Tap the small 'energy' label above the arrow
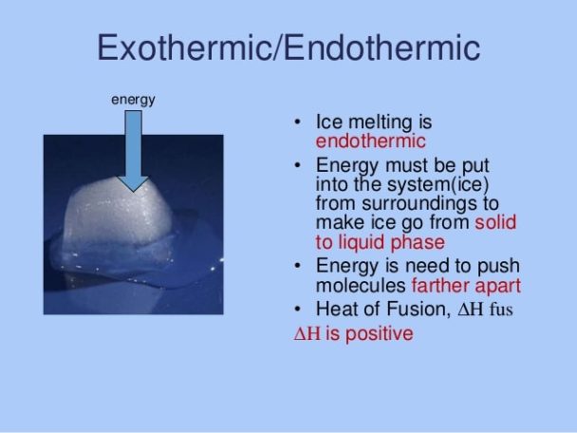coord(134,99)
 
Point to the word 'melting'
coord(376,123)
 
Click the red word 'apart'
coord(500,285)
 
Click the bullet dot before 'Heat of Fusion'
coord(298,310)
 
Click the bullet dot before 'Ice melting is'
coord(298,123)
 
